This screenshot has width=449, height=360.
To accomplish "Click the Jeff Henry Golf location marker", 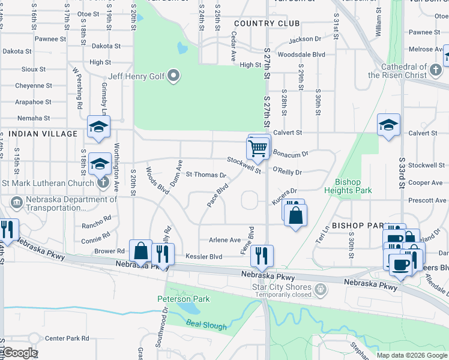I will (x=174, y=76).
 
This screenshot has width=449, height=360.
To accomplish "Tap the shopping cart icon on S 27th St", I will (x=258, y=147).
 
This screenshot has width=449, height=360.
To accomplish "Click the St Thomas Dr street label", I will (x=205, y=175).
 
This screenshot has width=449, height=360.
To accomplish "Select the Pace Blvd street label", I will (x=218, y=196).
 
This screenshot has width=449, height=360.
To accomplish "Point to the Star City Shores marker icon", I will (x=322, y=290).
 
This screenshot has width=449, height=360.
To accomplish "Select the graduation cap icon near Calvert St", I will (x=388, y=125).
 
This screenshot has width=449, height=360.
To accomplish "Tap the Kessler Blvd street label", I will (x=203, y=257).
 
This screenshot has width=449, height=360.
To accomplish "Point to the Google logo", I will (x=19, y=353).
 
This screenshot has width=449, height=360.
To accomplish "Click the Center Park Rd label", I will (x=67, y=338).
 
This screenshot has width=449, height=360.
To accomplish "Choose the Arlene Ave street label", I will (x=224, y=240).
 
